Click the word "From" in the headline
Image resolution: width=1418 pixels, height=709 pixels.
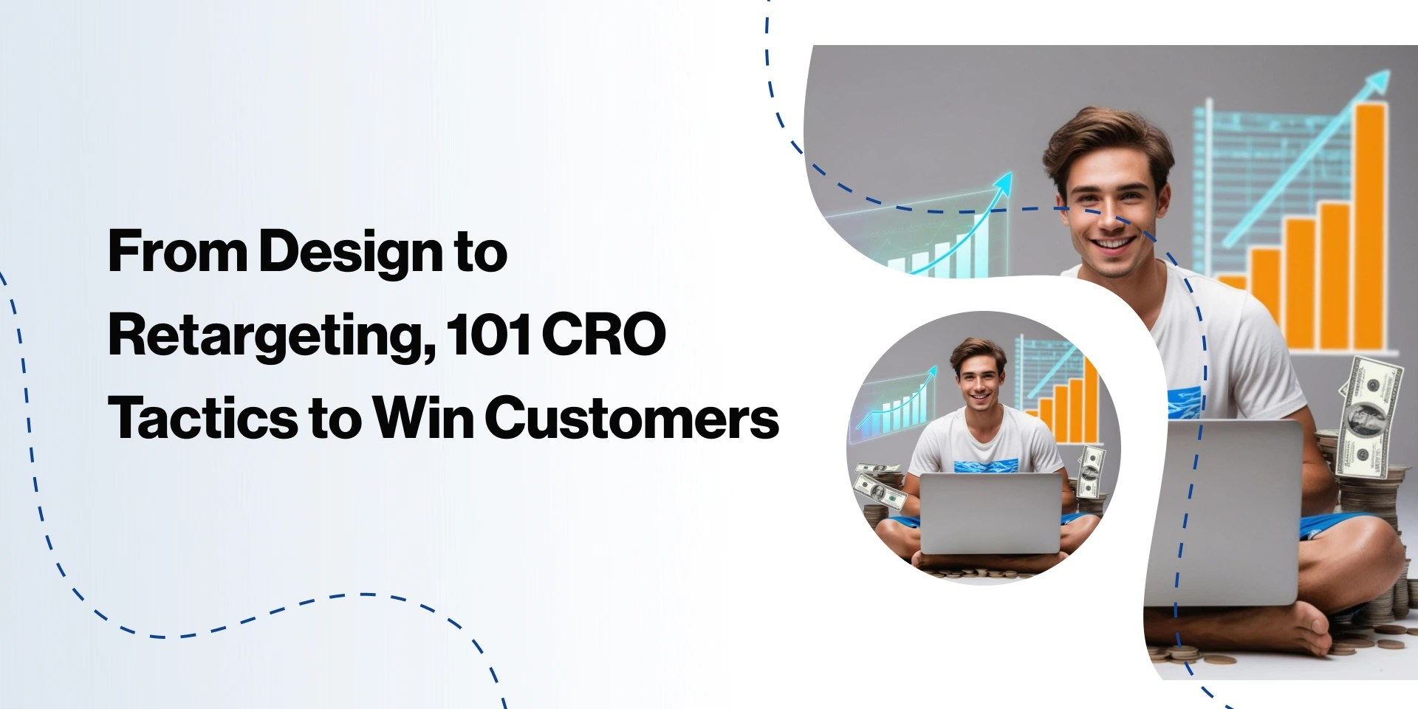coord(177,251)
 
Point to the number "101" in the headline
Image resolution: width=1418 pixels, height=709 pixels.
coord(488,335)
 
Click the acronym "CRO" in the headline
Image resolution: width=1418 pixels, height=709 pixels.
coord(604,335)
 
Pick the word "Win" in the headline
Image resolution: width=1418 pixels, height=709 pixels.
coord(423,418)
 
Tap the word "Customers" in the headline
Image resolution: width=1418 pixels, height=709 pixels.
coord(631,418)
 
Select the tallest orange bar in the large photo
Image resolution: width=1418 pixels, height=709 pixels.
coord(1370,226)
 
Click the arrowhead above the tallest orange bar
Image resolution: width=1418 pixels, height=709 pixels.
coord(1375,83)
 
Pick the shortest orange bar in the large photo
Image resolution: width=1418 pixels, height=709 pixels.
coord(1231,283)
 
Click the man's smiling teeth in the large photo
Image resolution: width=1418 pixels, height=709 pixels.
coord(1114,242)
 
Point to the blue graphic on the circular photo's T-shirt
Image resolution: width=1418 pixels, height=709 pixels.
coord(985,466)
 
